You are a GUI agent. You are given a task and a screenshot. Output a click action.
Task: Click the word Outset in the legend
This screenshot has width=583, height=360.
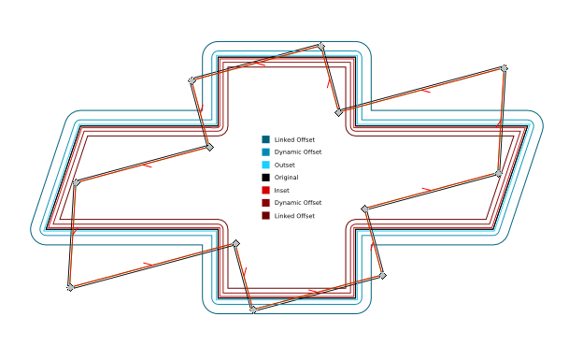284,165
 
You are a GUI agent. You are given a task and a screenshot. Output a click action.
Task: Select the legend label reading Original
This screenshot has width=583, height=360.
286,178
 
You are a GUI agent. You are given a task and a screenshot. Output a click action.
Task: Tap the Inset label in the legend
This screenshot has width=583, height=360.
281,190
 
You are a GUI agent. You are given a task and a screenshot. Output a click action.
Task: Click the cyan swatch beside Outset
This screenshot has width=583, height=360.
266,165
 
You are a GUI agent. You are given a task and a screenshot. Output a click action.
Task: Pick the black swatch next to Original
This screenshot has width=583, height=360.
266,178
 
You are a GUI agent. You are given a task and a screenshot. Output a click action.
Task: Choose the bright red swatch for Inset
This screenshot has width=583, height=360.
266,190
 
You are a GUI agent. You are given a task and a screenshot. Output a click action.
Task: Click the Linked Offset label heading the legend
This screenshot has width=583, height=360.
294,139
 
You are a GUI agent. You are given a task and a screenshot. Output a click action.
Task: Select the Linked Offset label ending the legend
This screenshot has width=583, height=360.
294,216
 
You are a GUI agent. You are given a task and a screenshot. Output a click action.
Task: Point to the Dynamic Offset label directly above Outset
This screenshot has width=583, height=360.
297,151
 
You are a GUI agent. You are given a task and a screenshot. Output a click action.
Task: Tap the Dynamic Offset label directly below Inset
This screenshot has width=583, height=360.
297,203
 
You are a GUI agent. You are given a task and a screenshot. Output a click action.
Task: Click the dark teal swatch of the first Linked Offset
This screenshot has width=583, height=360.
266,139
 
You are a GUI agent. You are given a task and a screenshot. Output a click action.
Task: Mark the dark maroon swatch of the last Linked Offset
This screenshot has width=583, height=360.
266,216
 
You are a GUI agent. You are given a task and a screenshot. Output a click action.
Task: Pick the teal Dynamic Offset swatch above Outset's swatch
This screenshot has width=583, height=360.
266,151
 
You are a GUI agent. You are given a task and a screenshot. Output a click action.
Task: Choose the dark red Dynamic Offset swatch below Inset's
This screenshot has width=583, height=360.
266,203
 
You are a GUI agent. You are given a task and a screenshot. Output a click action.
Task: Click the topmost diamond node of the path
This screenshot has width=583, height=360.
321,46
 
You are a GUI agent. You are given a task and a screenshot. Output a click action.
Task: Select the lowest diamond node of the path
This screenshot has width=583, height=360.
253,310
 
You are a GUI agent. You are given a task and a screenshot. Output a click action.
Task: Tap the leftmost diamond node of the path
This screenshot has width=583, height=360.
70,287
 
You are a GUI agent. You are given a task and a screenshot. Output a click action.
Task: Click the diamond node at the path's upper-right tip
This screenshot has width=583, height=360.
505,68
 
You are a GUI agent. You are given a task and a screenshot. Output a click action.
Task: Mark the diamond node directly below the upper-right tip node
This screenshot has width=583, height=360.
499,173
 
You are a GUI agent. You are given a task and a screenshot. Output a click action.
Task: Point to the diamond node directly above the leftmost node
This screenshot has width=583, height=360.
76,182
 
